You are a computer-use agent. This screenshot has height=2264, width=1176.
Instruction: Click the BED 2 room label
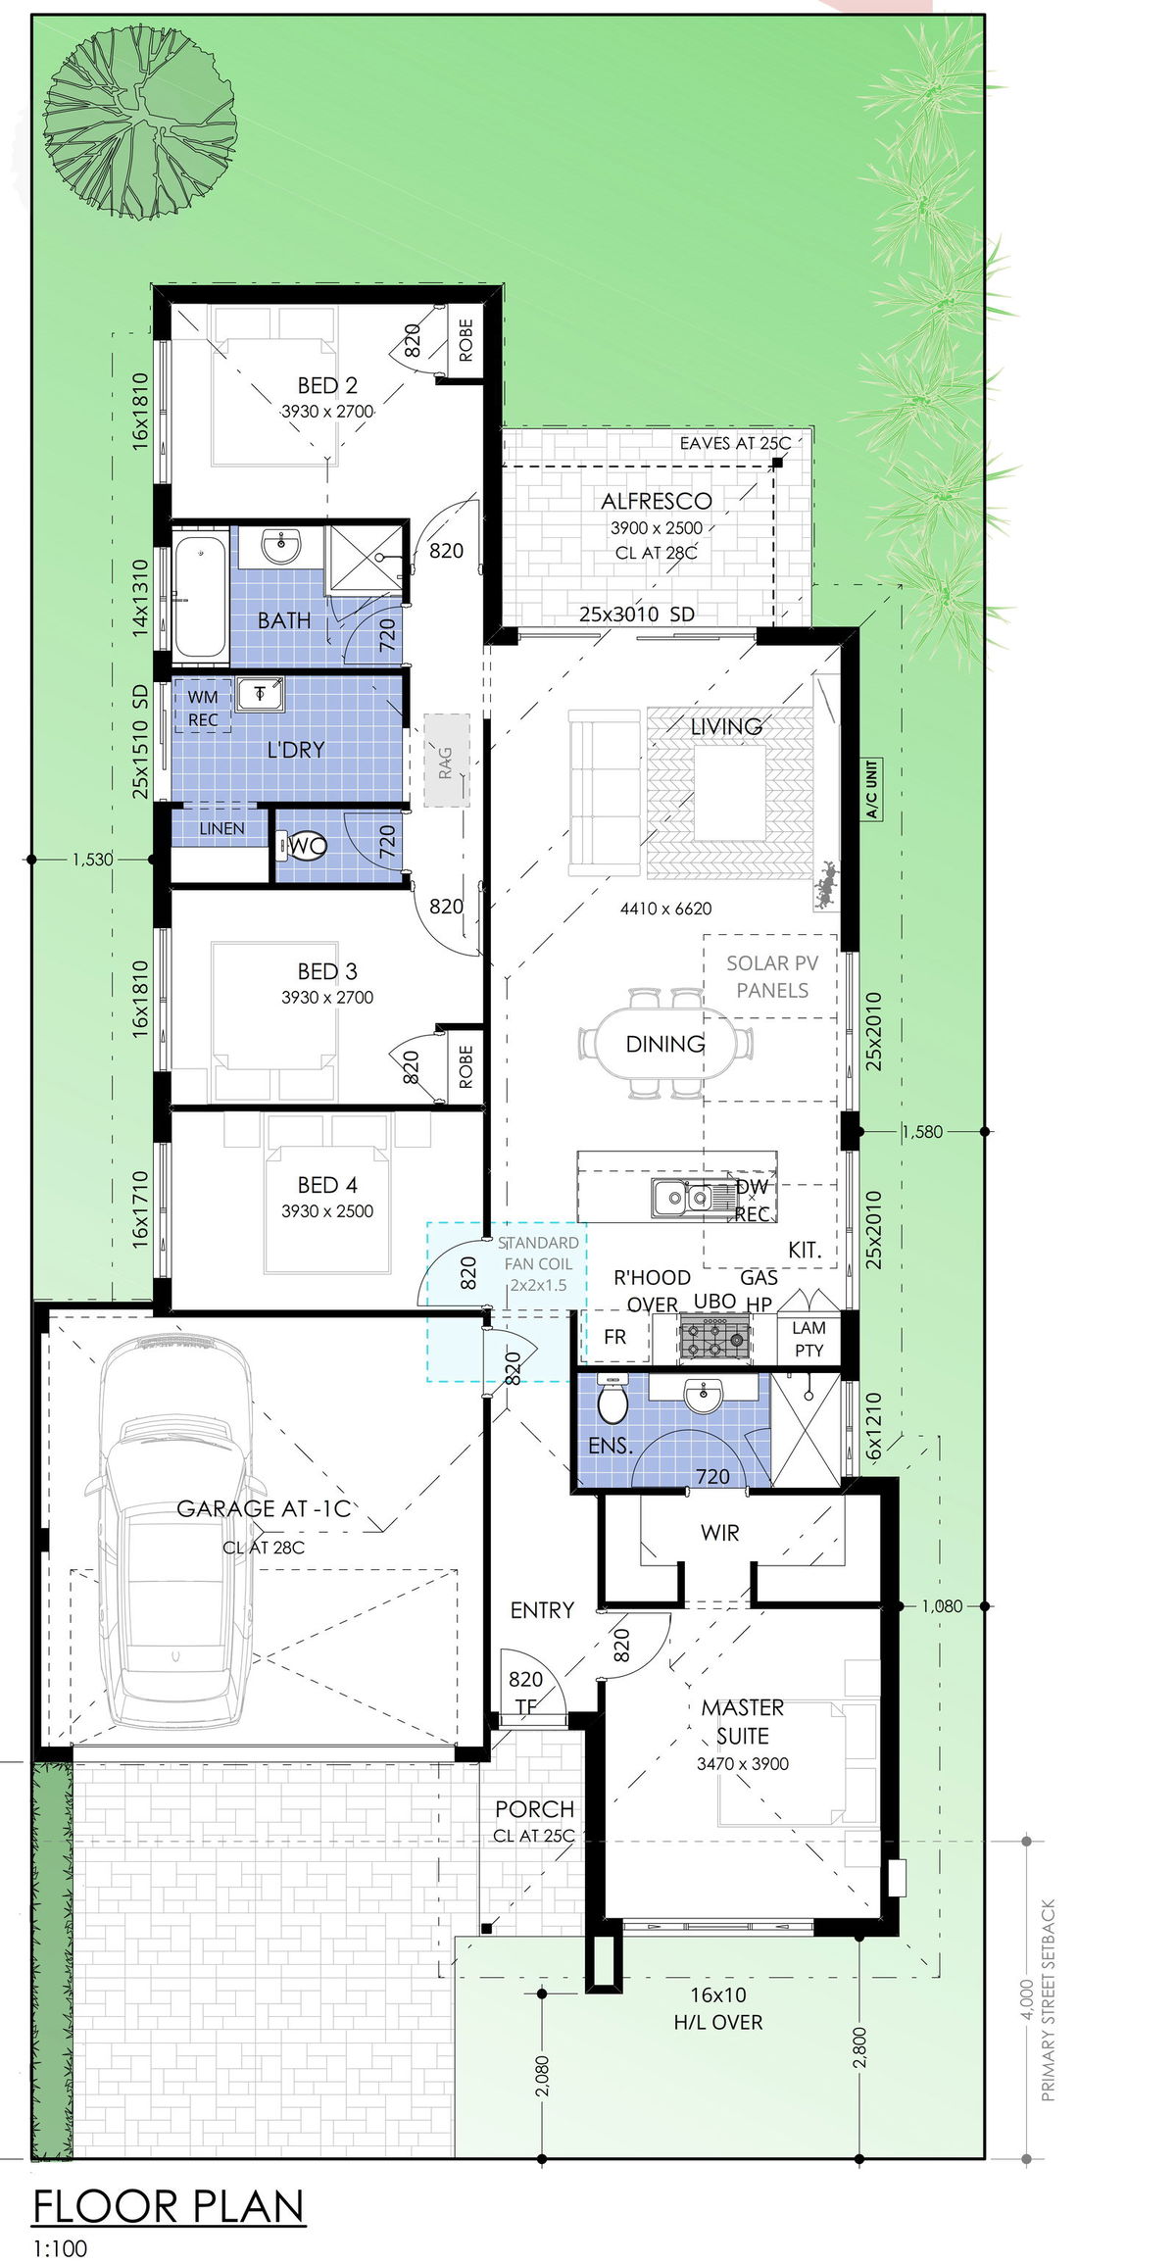(327, 385)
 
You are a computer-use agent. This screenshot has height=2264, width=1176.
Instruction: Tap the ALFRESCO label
(657, 501)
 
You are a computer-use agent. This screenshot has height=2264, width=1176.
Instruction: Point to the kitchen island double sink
(682, 1197)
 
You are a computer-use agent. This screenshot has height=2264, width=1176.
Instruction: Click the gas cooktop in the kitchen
(715, 1338)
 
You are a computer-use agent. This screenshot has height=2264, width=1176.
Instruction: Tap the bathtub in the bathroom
(200, 596)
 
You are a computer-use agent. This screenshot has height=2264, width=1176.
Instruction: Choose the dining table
(665, 1043)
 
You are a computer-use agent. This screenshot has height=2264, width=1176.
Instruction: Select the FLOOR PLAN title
(169, 2207)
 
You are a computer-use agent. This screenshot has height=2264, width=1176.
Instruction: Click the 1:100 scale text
(61, 2248)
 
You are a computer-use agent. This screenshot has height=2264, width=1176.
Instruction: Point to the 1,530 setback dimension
(92, 860)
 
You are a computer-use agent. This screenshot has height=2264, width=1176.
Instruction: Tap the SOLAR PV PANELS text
(772, 976)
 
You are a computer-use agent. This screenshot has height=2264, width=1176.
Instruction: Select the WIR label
(720, 1533)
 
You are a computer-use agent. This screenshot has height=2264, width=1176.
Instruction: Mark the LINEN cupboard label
(221, 828)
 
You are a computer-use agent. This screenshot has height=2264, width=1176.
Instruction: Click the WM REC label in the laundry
(203, 708)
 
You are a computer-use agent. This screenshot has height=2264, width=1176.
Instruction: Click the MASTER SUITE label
(743, 1722)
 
